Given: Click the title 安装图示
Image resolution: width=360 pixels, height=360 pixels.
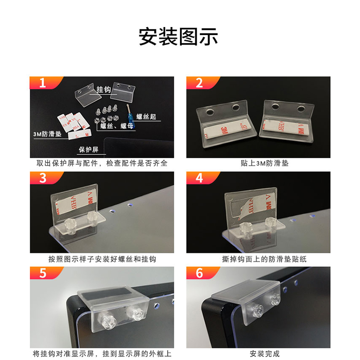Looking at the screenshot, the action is coord(178,37).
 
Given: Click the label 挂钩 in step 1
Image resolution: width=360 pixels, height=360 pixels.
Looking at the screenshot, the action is coord(104,90).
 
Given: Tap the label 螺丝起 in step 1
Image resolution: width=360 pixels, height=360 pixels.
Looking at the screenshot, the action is coord(146,117).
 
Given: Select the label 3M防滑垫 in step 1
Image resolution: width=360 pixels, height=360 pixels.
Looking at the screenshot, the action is coord(48,134).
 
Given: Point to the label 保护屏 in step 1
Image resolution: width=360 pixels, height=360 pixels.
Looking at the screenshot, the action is coord(89,150).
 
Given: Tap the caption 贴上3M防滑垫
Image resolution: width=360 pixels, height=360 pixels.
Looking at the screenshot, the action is coord(265,163).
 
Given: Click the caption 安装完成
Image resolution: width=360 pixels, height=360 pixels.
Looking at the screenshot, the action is coord(265,354).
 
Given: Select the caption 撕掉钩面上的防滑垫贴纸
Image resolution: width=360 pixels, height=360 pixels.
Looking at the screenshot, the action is coord(265,259).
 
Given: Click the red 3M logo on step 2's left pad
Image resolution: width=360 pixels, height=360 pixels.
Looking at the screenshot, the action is coord(224,130).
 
